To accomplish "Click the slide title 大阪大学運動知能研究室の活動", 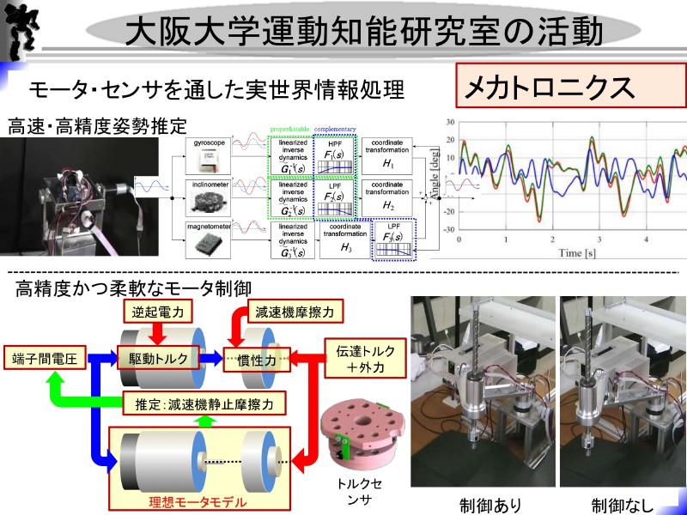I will pos(369,31).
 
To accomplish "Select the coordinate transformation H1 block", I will pos(387,154).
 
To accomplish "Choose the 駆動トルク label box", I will pos(158,359).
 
